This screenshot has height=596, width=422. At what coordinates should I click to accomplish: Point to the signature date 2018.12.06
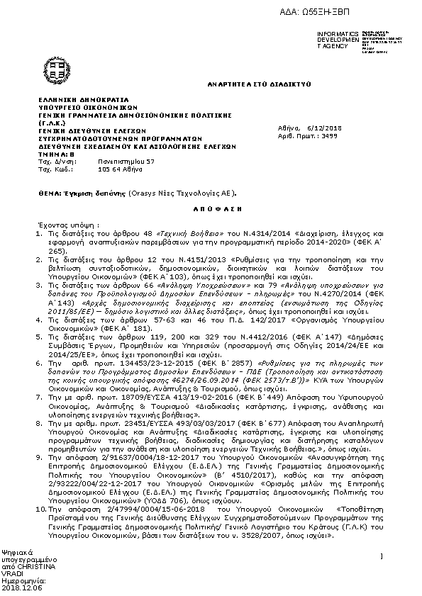click(x=22, y=587)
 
